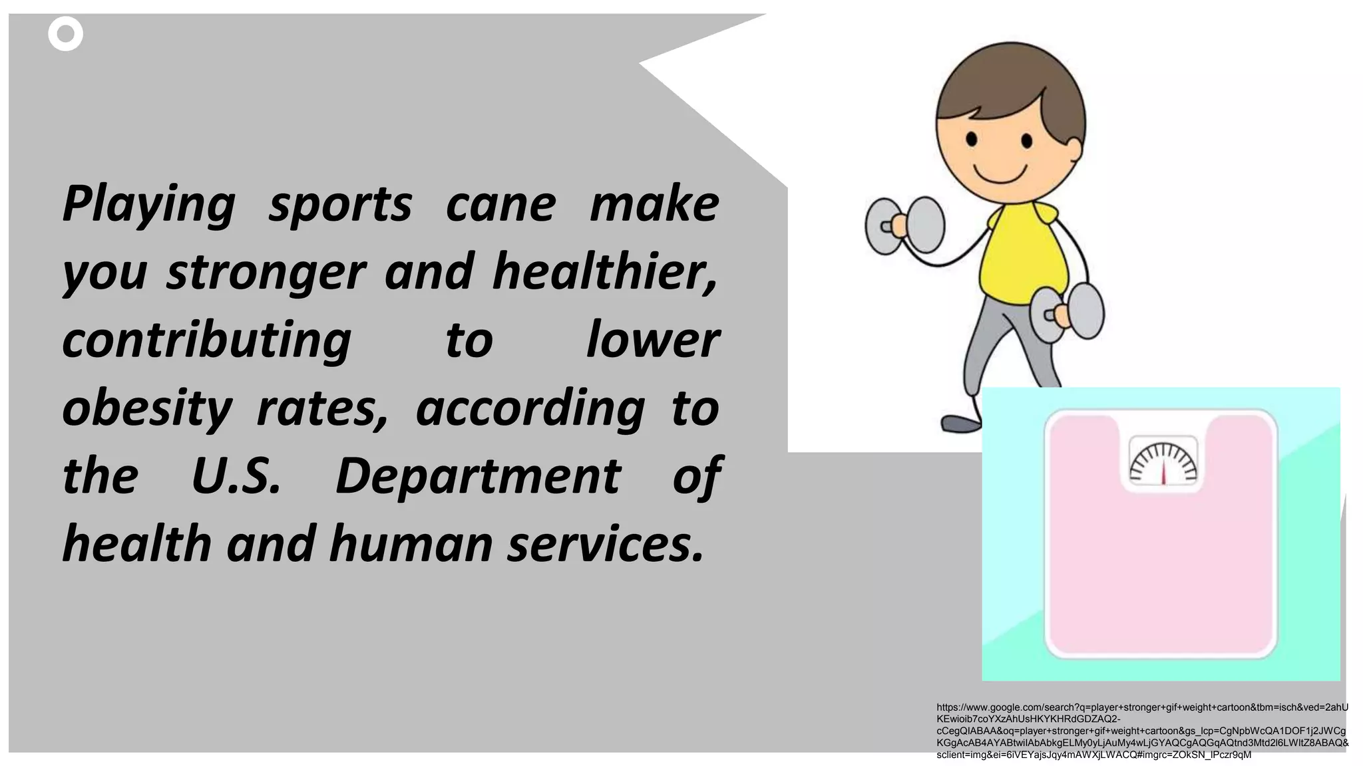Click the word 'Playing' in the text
coord(148,204)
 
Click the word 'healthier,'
coord(605,271)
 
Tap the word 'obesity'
coord(147,408)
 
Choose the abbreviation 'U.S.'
coord(236,476)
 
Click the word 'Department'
coord(478,476)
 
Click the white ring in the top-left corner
coord(65,34)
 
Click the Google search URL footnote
coord(1141,731)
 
